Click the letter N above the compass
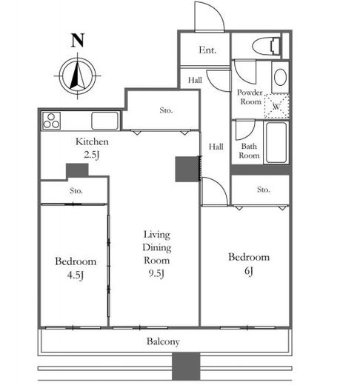click(78, 40)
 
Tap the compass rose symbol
click(78, 76)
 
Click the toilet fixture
click(266, 46)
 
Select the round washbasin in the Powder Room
click(280, 77)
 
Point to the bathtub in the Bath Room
click(276, 143)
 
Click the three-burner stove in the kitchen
click(51, 121)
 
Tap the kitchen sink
click(104, 121)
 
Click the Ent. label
click(207, 50)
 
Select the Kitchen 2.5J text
click(92, 148)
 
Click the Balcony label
click(163, 341)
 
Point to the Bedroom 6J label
click(249, 264)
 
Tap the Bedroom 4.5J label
click(76, 268)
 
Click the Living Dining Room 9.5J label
click(157, 254)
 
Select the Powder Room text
click(250, 97)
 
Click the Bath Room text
click(249, 151)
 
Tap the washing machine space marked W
click(277, 106)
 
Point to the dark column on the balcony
click(186, 366)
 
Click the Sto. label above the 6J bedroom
click(263, 190)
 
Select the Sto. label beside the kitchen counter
click(166, 110)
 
